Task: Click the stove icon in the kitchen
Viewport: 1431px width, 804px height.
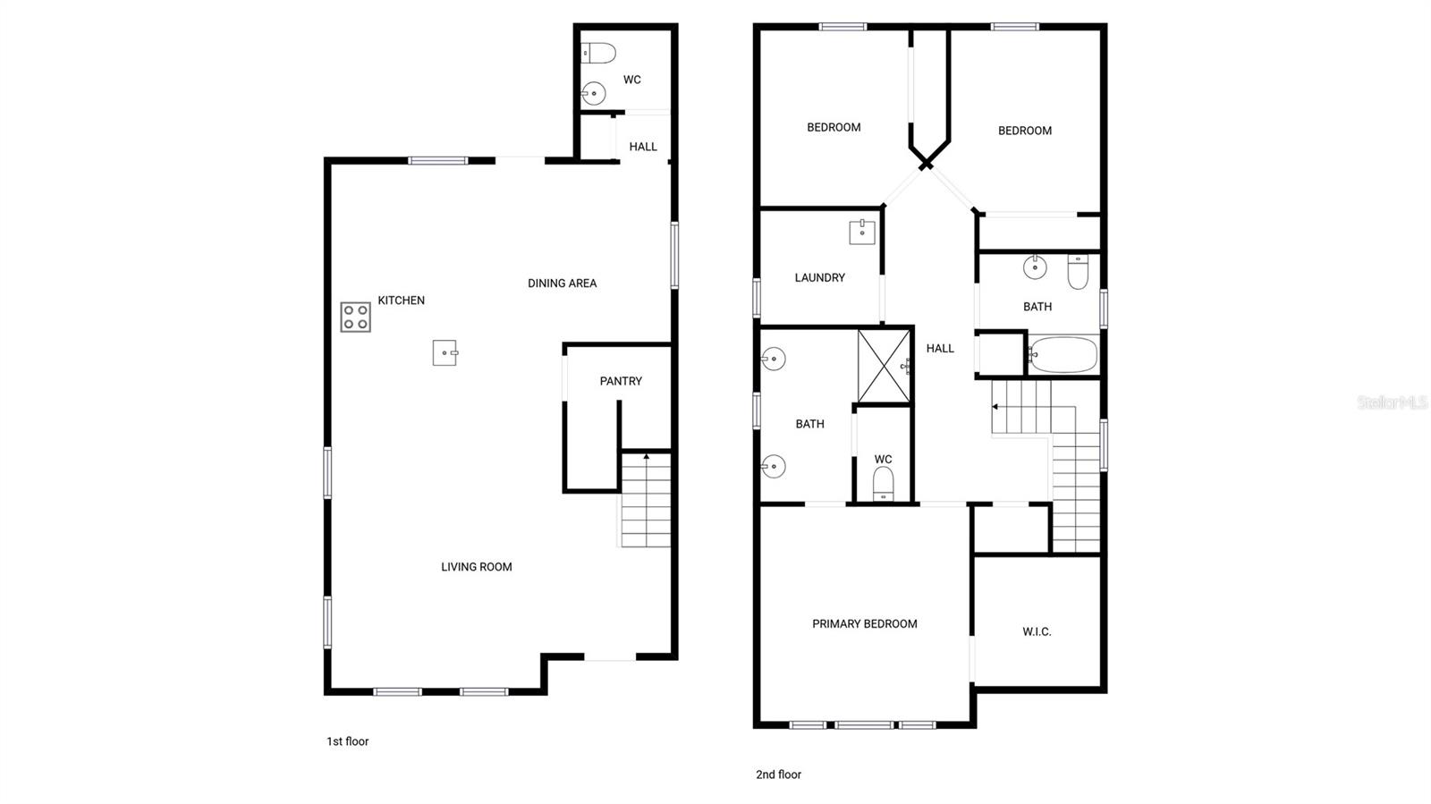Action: pos(355,317)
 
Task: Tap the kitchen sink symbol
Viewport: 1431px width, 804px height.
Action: pos(445,352)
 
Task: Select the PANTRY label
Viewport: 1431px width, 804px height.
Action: pos(621,381)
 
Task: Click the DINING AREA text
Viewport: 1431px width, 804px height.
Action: pos(562,284)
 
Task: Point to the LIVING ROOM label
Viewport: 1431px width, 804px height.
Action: pos(476,567)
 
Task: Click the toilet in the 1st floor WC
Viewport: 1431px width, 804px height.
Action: pos(599,54)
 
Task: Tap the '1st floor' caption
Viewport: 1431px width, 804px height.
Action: pos(347,741)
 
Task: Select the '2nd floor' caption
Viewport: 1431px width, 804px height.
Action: pos(778,774)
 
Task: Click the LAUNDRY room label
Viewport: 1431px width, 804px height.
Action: pos(819,278)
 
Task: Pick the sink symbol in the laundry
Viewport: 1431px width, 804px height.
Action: pos(861,232)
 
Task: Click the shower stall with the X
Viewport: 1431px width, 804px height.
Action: pos(884,366)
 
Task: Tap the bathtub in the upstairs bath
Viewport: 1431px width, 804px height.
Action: pos(1063,355)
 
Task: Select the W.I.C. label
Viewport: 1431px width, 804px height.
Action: pos(1037,632)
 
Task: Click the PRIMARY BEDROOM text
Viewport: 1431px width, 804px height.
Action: pos(864,624)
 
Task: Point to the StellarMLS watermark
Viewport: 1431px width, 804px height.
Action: pos(1392,402)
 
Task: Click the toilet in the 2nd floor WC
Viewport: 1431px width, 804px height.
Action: pos(883,482)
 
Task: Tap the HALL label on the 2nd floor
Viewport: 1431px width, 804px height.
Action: pos(940,349)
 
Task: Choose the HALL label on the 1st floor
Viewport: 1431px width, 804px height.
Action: pos(642,147)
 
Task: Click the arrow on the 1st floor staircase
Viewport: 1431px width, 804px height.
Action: pos(646,458)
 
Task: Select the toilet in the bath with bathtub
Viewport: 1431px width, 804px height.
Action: pos(1078,272)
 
